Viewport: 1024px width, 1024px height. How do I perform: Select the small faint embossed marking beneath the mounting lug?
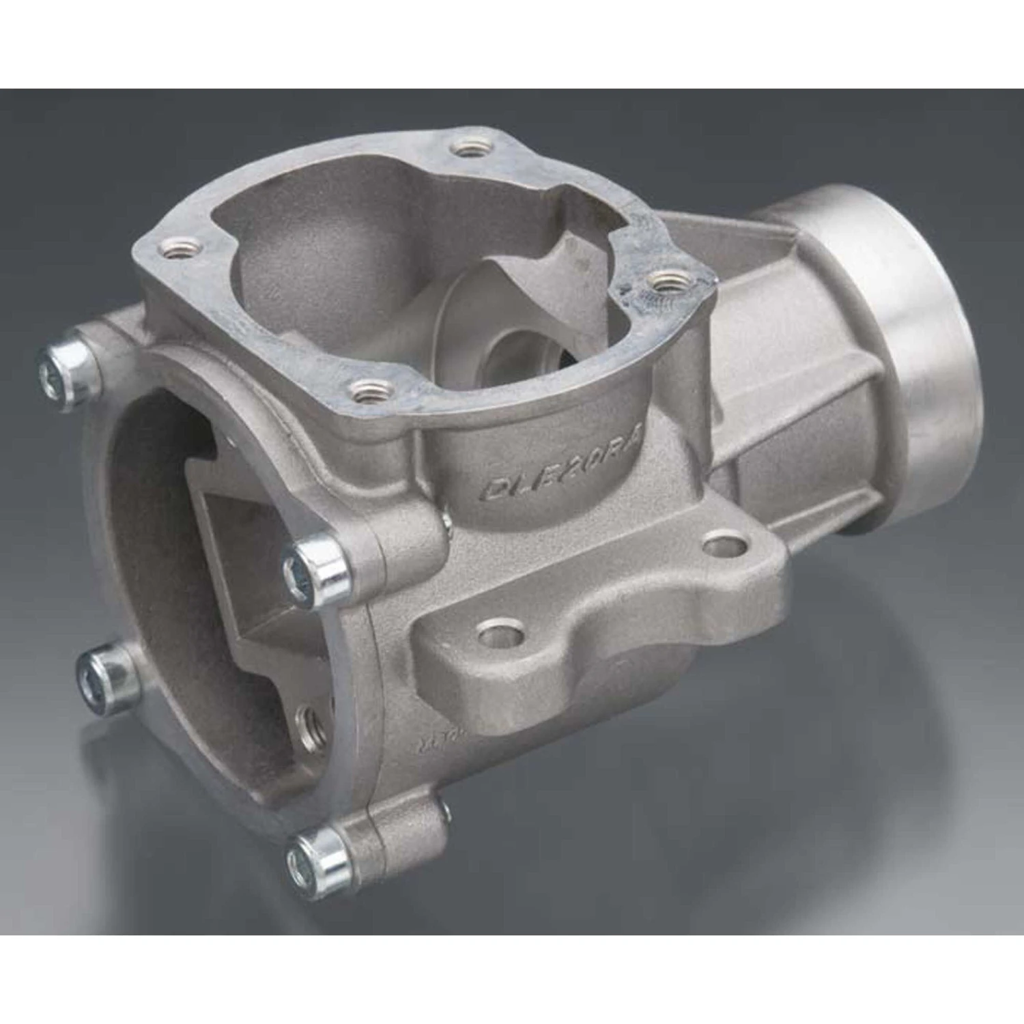437,741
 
